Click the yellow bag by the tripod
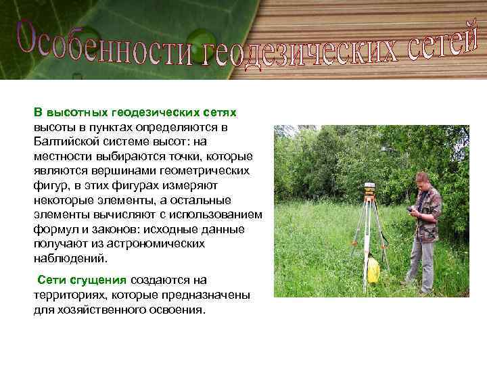point(372,269)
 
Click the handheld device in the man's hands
point(410,210)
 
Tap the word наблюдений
point(70,258)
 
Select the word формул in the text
point(54,228)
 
